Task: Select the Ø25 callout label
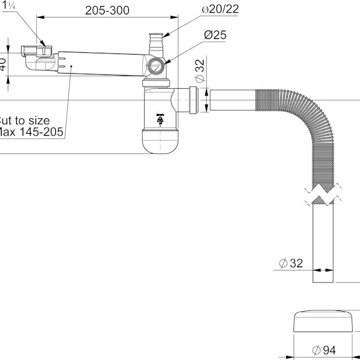click(x=215, y=35)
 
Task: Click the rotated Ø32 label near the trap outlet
click(x=200, y=71)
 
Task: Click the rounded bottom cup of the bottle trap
click(x=161, y=142)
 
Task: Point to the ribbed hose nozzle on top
click(x=155, y=44)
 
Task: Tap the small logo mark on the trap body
click(x=160, y=119)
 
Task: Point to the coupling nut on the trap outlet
click(x=193, y=99)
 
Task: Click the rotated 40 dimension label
click(x=4, y=62)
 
